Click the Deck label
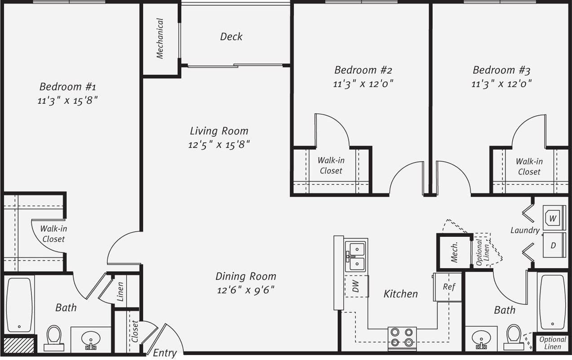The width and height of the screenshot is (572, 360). click(x=231, y=36)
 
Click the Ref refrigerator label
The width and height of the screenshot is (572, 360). click(x=449, y=287)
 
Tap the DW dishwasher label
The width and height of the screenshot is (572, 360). click(x=356, y=286)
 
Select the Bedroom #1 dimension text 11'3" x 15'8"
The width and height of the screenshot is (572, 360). click(x=68, y=100)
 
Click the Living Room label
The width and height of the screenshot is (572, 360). click(x=219, y=131)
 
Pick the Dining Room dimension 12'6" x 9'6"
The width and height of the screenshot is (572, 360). click(x=246, y=290)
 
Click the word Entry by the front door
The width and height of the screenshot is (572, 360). click(x=165, y=353)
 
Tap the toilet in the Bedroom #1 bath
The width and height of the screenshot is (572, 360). click(x=54, y=338)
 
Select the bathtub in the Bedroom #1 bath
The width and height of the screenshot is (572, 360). click(x=19, y=305)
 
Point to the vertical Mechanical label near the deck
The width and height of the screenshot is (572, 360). click(x=160, y=38)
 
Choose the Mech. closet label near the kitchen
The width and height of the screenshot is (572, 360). click(x=454, y=252)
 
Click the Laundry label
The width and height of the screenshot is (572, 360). click(x=525, y=230)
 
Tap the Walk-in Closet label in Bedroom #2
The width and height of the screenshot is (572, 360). click(x=331, y=165)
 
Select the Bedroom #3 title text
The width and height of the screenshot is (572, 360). click(x=501, y=70)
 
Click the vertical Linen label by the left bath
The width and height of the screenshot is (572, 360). click(x=120, y=292)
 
